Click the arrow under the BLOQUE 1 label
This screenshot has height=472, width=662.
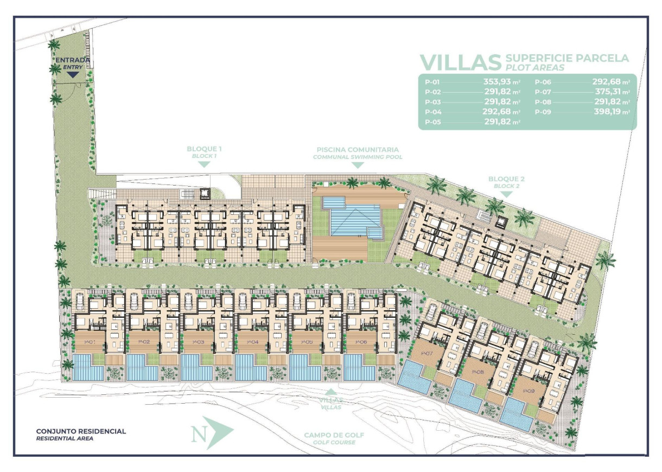204,164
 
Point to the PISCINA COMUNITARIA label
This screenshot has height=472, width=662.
358,150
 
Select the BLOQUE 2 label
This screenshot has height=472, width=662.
506,178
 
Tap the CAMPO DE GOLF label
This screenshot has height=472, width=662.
334,435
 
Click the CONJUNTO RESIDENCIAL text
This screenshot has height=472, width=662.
81,431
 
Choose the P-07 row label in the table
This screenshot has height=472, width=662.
543,93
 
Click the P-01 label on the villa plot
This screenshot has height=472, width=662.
90,342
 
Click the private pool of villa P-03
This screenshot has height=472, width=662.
195,367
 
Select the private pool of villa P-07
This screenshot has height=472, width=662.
415,376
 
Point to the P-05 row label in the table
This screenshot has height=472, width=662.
432,122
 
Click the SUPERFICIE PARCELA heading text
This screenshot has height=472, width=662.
566,58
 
